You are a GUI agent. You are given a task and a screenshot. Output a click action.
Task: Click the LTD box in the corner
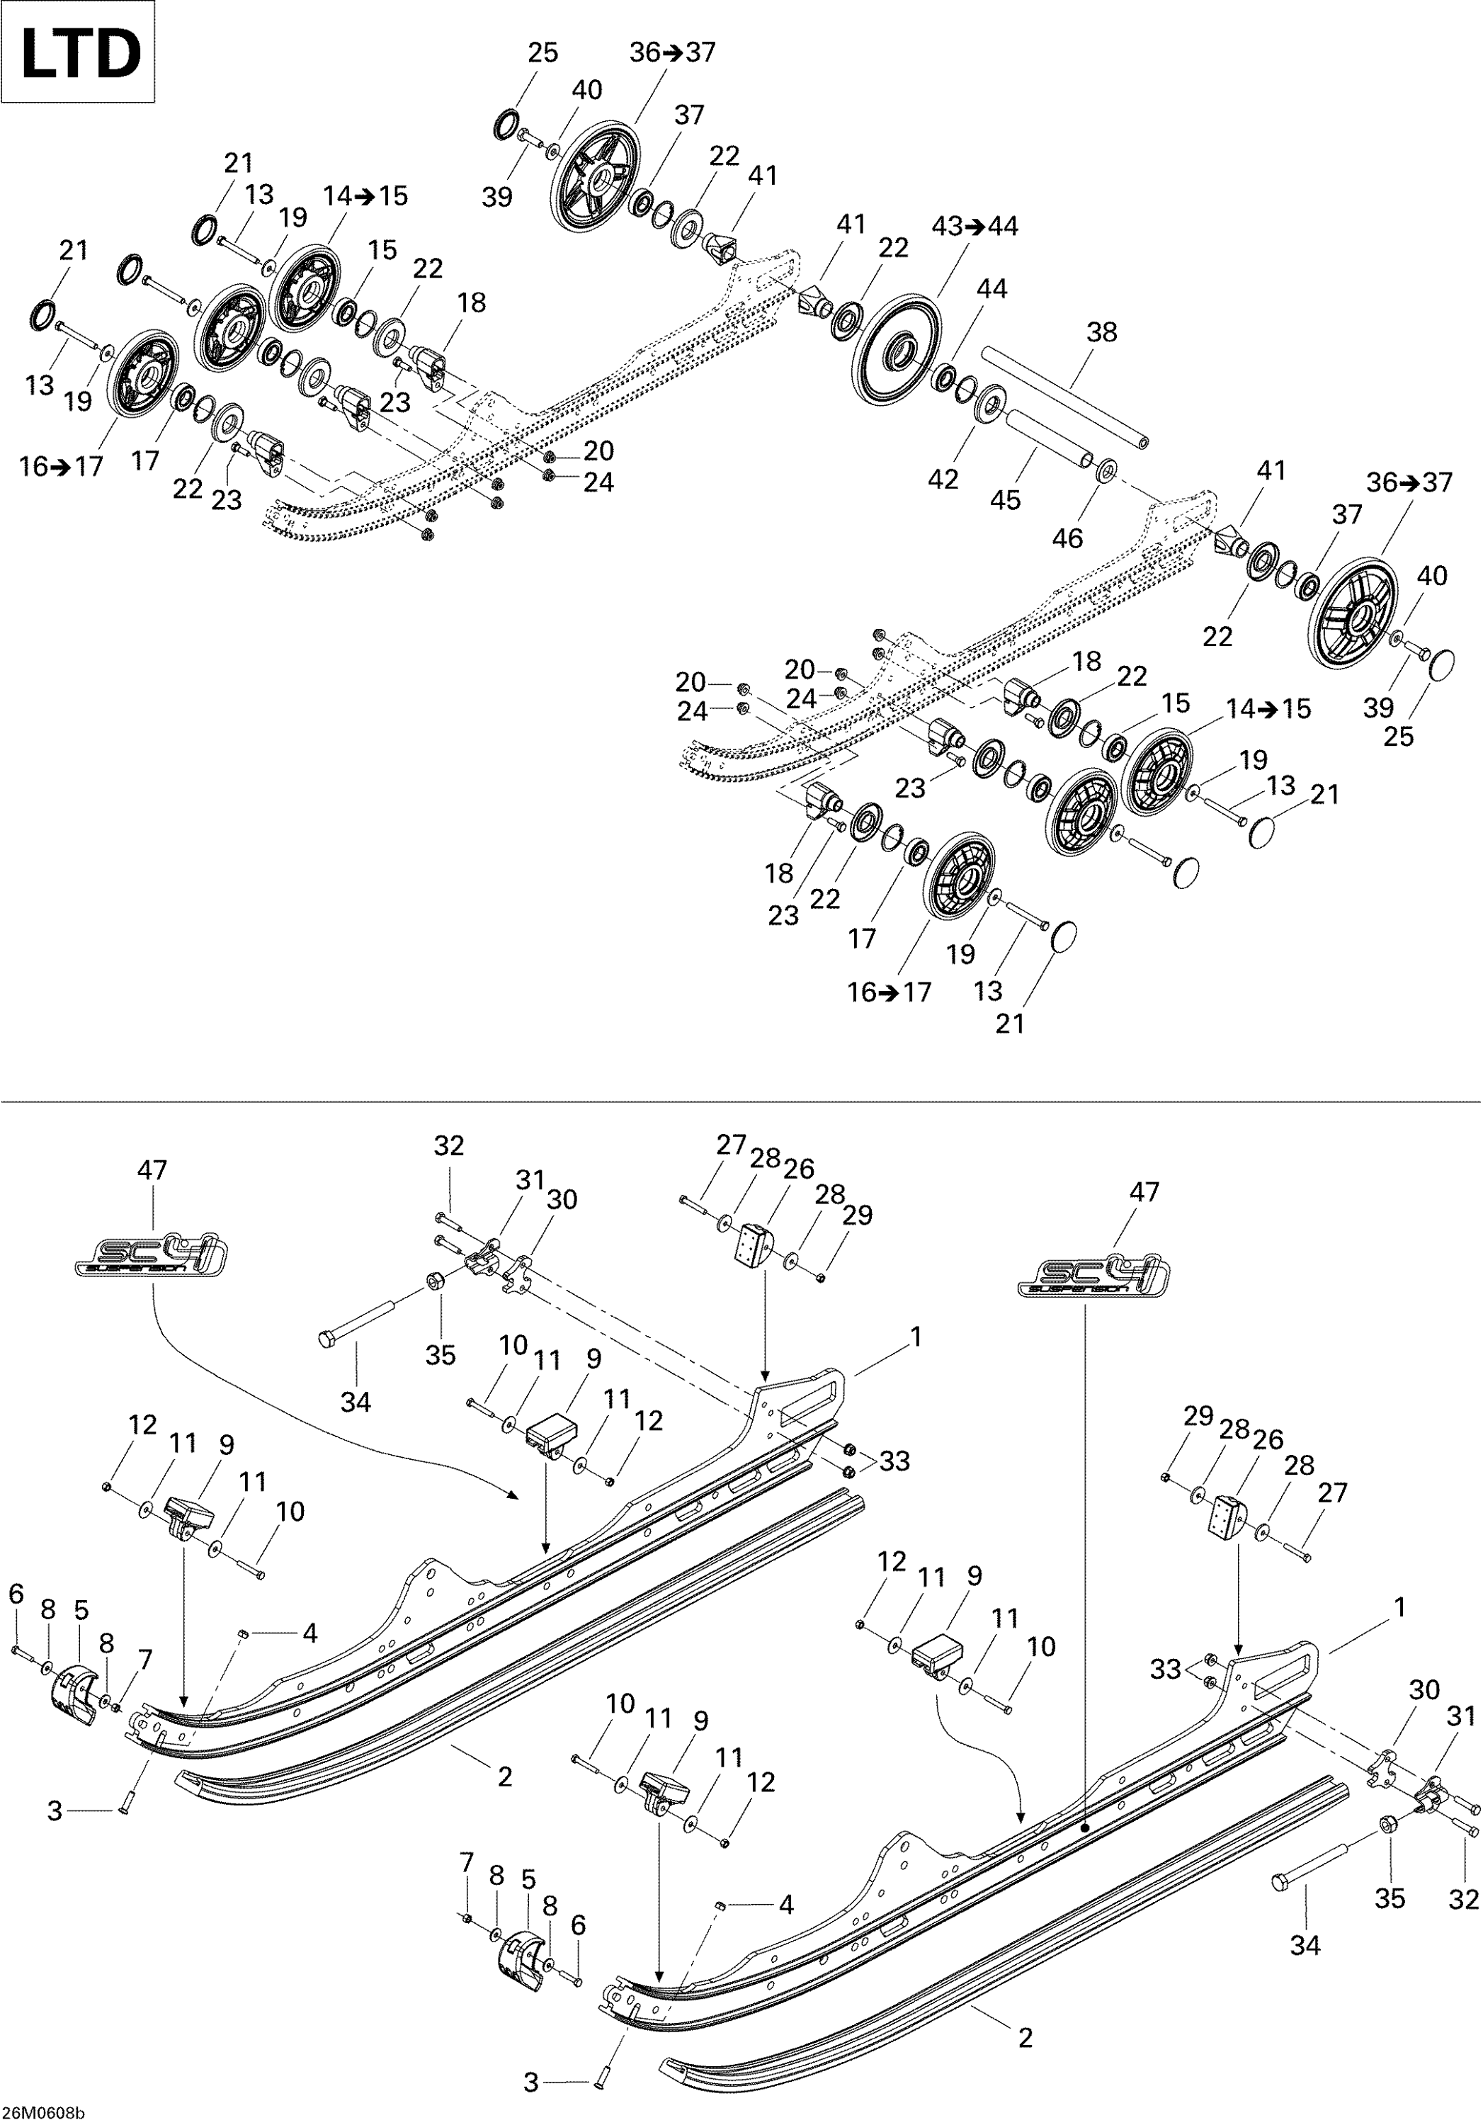pyautogui.click(x=78, y=52)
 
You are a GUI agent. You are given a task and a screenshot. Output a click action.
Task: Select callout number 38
pyautogui.click(x=1102, y=331)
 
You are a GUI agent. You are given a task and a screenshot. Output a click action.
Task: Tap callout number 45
pyautogui.click(x=1005, y=500)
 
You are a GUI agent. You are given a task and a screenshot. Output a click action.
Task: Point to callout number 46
pyautogui.click(x=1067, y=538)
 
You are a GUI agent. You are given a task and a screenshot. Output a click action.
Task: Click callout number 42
pyautogui.click(x=943, y=479)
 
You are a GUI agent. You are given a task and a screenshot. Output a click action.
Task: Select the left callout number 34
pyautogui.click(x=356, y=1402)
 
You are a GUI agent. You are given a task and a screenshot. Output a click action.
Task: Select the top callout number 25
pyautogui.click(x=543, y=52)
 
